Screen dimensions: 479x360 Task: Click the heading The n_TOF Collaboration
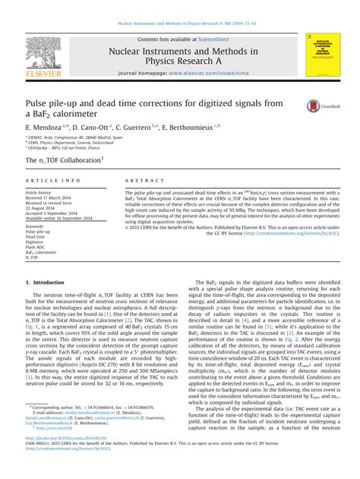click(x=63, y=161)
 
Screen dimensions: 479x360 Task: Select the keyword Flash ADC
click(x=37, y=247)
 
